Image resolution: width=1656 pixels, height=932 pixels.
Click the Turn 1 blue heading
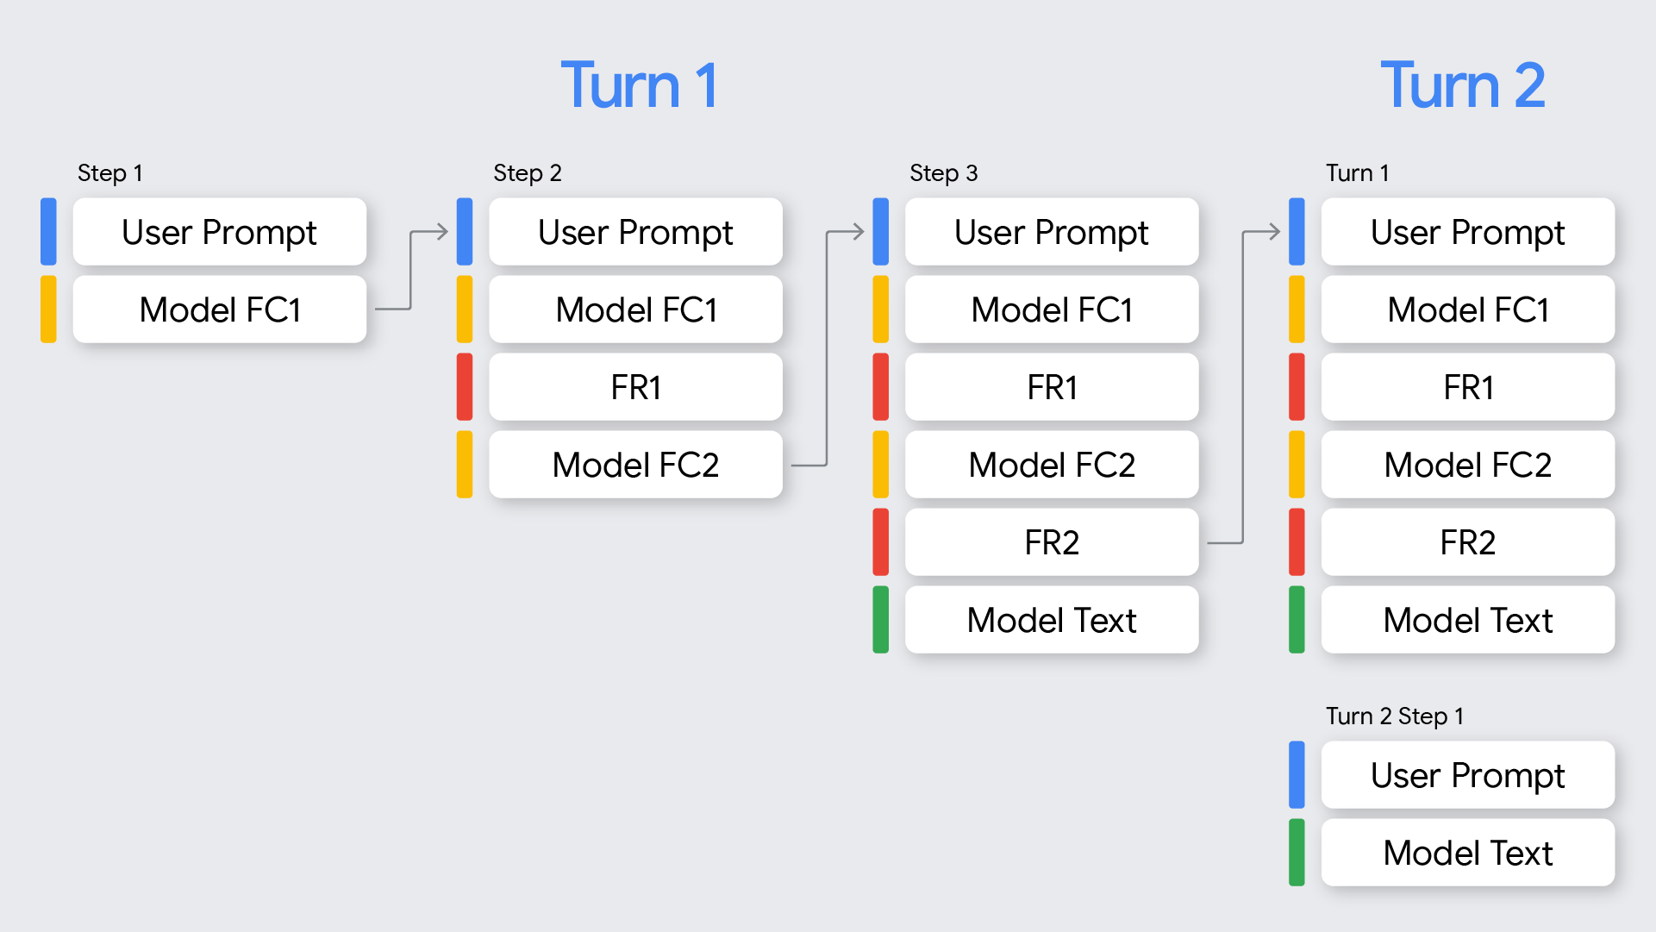pos(639,86)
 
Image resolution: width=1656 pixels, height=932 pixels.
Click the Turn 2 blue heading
pos(1462,86)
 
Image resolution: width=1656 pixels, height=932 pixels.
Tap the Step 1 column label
pos(109,173)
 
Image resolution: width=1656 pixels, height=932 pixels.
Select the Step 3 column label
pos(943,173)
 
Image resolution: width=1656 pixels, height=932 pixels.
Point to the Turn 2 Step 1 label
pos(1394,716)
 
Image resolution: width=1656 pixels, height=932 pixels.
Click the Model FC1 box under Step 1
pos(220,310)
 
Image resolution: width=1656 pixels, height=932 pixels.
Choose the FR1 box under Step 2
pos(635,387)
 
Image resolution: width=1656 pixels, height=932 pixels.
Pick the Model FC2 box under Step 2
pos(635,465)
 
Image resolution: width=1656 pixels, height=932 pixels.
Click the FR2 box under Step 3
pos(1052,542)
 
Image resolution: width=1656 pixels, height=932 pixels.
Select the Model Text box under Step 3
pos(1052,620)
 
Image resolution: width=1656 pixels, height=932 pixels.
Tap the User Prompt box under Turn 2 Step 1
pos(1467,775)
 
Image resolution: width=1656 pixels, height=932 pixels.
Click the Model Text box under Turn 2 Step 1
pos(1467,853)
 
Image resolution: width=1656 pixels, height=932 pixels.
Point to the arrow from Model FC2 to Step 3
pos(827,345)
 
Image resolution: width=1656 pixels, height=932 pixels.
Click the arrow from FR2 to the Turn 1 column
pos(1242,388)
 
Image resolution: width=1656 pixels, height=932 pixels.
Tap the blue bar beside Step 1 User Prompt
pos(48,232)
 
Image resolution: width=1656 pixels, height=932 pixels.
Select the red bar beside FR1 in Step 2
pos(465,387)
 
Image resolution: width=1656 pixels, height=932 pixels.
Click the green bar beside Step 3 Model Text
pos(880,620)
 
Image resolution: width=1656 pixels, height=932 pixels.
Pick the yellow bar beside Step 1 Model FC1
pos(48,310)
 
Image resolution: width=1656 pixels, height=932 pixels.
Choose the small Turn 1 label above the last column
pos(1357,173)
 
